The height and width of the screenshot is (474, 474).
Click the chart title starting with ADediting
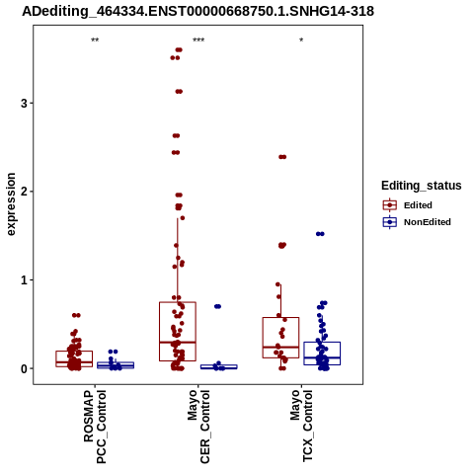point(197,12)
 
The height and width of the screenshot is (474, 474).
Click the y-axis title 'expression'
point(11,204)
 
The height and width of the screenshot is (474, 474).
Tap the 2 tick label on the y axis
point(24,192)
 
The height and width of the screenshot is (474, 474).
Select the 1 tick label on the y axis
point(24,280)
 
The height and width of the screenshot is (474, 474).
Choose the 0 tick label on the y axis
point(24,368)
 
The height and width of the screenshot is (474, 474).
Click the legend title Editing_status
point(422,186)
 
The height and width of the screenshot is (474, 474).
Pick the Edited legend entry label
point(418,205)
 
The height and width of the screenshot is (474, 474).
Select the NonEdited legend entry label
point(428,222)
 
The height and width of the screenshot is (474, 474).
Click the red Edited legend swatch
point(390,205)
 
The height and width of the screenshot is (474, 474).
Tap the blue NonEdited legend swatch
point(390,222)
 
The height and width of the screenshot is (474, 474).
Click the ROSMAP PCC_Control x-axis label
point(95,427)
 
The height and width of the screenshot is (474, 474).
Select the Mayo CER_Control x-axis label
point(198,427)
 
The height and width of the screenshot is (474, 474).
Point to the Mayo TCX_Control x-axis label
point(301,426)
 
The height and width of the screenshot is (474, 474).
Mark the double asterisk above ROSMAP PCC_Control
point(95,40)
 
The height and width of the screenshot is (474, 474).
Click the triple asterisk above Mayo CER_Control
point(198,40)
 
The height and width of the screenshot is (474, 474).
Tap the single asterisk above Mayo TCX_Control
point(301,40)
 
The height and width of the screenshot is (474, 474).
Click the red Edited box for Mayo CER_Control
point(178,302)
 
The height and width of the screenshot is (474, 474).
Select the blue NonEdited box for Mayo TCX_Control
point(322,343)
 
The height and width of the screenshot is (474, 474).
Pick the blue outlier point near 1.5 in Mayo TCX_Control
point(320,234)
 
